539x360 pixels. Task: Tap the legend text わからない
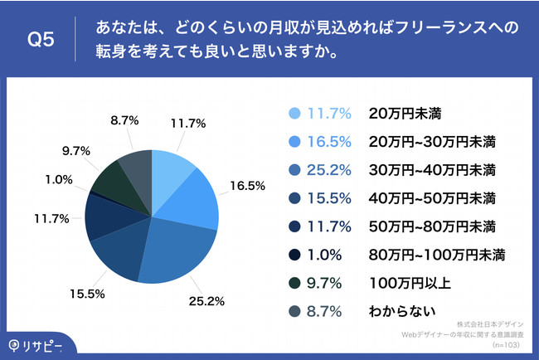click(x=401, y=310)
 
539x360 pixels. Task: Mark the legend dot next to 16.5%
click(x=294, y=142)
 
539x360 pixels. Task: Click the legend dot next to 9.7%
click(x=294, y=282)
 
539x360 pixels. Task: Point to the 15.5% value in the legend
click(x=330, y=198)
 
